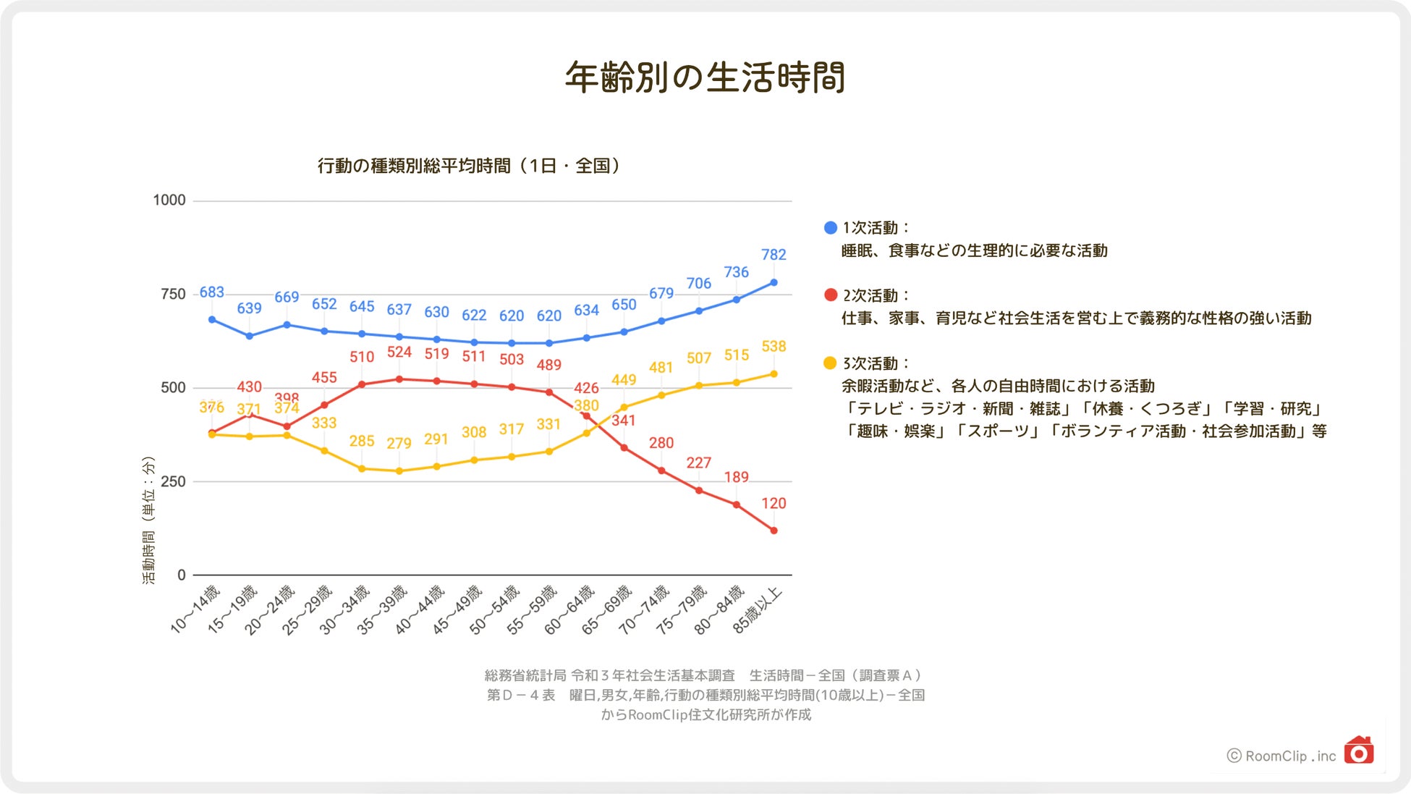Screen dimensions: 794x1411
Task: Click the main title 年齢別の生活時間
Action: click(x=705, y=77)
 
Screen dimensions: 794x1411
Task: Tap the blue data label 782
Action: click(x=774, y=255)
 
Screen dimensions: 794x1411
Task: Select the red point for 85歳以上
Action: click(x=774, y=531)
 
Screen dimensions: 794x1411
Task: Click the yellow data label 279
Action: click(x=399, y=443)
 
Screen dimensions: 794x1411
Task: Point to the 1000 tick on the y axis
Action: click(x=169, y=200)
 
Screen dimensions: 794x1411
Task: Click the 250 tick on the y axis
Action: click(x=173, y=481)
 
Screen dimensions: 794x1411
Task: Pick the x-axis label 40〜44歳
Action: click(x=420, y=609)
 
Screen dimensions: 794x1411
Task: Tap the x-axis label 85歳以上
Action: click(x=757, y=610)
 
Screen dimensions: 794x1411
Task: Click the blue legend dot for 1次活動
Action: click(x=831, y=228)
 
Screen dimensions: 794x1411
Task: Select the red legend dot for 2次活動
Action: click(x=831, y=295)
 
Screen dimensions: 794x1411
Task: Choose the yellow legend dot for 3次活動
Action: click(x=831, y=363)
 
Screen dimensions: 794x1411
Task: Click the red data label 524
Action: click(x=399, y=352)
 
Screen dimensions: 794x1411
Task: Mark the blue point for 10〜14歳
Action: click(x=212, y=319)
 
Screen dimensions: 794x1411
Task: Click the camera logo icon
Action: click(x=1359, y=751)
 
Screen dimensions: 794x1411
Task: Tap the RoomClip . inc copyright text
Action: click(x=1282, y=756)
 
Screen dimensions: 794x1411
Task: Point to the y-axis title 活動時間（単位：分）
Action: click(x=148, y=520)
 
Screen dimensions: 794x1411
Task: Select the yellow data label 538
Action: click(x=774, y=347)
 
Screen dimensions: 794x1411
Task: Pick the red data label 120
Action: click(x=774, y=504)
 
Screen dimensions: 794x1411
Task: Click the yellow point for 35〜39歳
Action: click(x=399, y=471)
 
